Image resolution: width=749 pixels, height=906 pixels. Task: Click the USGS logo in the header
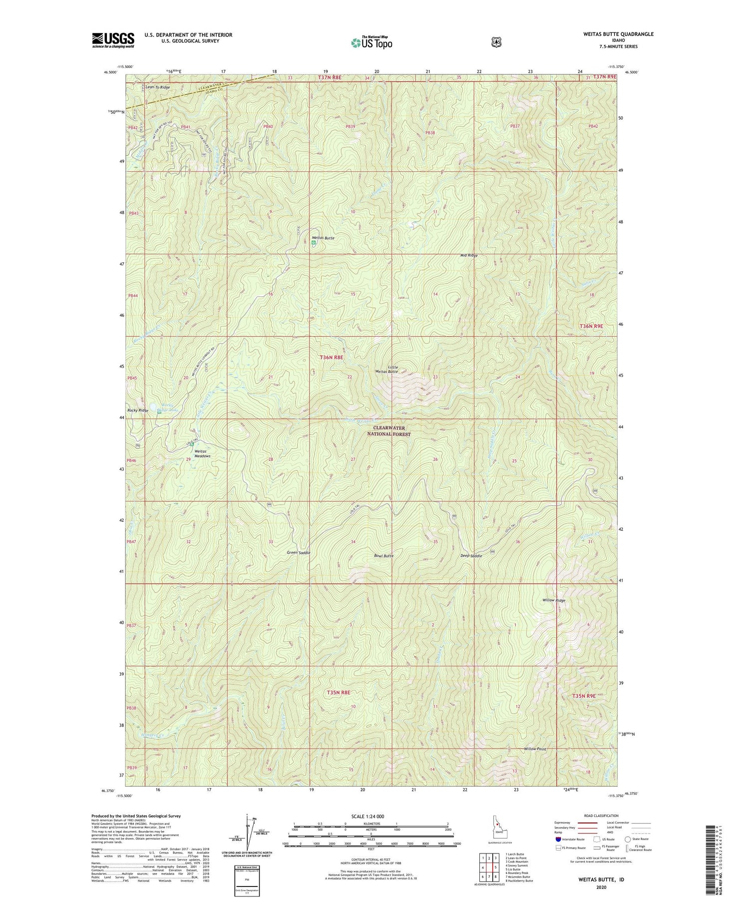pos(113,40)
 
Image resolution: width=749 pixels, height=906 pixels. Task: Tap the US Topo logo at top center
pos(372,42)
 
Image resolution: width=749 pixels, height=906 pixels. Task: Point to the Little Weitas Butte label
pos(386,369)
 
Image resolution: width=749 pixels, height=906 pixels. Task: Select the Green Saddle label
pos(299,553)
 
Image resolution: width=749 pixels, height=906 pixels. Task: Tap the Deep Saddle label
pos(471,556)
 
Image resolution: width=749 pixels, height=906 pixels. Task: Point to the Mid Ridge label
pos(469,255)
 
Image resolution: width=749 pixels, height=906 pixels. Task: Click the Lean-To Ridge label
pos(157,87)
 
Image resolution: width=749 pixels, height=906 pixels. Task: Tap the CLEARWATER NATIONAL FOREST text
pos(389,431)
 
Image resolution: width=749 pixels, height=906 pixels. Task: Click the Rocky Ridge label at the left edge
pos(138,410)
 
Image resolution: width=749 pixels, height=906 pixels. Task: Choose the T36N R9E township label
pos(591,326)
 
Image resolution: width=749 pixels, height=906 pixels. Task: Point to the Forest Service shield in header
pos(496,42)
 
